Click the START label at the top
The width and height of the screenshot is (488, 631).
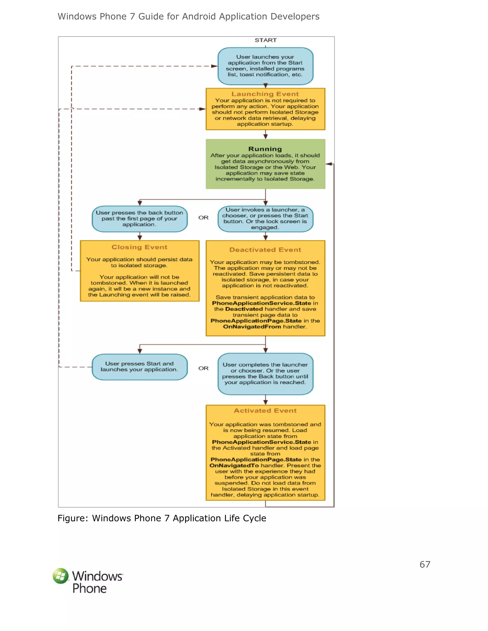pos(265,40)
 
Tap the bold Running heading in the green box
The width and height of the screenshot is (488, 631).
pos(265,149)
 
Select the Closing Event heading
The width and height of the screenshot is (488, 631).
pos(139,247)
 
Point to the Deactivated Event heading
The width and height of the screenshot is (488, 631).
pos(265,250)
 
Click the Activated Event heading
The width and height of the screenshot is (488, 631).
pos(265,411)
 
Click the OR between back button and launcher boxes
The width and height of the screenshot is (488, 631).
pos(203,218)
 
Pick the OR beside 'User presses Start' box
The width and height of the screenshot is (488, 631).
pos(203,368)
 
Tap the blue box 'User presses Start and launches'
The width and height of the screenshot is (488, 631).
pos(139,367)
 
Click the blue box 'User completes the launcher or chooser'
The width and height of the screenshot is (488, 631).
pos(265,374)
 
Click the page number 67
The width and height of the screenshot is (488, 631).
pos(425,564)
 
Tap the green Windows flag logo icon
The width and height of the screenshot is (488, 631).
pos(61,576)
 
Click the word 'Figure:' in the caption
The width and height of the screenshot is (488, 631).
pos(73,518)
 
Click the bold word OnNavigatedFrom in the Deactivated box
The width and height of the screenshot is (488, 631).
pos(252,326)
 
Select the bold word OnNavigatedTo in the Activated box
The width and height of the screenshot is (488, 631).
pos(234,465)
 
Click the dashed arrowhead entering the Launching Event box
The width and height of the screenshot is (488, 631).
pos(202,109)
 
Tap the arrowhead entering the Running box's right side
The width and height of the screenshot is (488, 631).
pos(329,164)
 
